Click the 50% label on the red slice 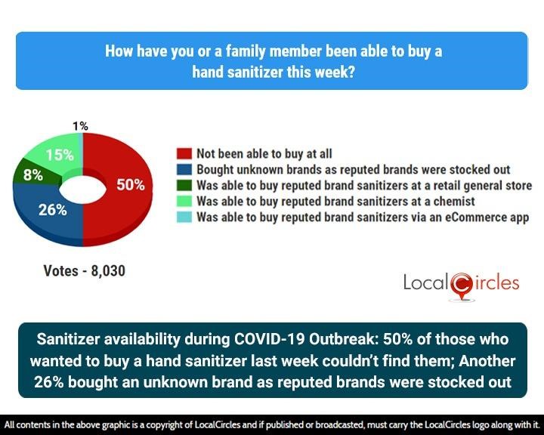tap(130, 185)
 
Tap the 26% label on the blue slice tap(53, 210)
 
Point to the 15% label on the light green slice tap(59, 156)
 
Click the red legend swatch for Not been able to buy tap(184, 153)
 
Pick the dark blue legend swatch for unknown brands tap(184, 169)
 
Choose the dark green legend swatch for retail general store tap(184, 185)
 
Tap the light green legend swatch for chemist tap(184, 201)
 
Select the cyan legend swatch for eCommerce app tap(184, 217)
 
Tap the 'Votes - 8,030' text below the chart tap(84, 270)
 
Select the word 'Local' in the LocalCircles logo tap(426, 284)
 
